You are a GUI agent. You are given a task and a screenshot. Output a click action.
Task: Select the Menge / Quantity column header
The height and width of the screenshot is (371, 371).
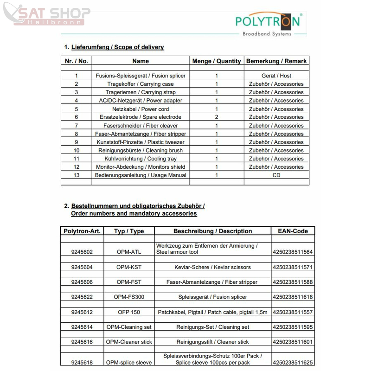216,61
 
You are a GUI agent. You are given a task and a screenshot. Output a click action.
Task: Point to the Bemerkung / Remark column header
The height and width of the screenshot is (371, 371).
276,61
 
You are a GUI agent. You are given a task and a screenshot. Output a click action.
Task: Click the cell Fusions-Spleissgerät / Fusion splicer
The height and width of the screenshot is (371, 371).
141,76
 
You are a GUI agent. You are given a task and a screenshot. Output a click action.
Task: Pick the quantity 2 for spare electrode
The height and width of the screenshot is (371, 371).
216,117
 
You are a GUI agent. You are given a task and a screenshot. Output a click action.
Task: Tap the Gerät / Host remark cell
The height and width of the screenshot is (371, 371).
276,76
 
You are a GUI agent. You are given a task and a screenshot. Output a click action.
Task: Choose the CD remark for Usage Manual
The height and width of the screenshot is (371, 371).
276,175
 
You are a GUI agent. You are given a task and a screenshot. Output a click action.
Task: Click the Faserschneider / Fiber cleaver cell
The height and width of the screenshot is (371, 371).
141,126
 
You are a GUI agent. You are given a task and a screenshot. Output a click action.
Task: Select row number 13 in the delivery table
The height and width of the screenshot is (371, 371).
77,175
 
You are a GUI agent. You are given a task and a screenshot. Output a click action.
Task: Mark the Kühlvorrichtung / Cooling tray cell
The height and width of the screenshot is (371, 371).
141,159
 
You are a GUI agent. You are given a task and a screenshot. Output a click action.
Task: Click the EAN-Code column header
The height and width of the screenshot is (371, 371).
293,231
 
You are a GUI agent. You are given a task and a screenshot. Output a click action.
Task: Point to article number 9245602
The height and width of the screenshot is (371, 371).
82,252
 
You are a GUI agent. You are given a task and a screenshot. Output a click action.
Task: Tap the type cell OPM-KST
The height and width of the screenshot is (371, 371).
129,267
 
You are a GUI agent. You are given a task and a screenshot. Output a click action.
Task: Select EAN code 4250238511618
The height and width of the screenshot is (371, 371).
293,297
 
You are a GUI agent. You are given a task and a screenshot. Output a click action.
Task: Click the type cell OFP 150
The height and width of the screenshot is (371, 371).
129,312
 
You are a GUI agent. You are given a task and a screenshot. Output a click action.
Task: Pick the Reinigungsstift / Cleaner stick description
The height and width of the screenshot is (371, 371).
212,342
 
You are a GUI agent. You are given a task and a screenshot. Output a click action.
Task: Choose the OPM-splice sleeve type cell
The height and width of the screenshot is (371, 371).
129,362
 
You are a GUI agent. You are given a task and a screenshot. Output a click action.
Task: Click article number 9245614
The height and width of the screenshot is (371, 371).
82,327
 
